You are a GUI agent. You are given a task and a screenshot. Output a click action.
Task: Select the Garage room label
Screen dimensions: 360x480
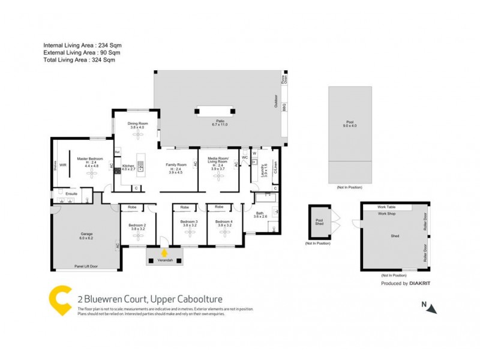coord(87,235)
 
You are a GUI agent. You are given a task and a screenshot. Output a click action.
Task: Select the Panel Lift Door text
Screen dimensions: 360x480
coord(86,266)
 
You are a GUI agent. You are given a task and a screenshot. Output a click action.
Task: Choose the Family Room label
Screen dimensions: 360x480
coord(177,165)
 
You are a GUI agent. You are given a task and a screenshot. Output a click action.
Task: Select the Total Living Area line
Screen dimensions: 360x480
coord(79,60)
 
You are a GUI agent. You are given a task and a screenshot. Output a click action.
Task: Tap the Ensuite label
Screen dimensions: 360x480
coord(72,194)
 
